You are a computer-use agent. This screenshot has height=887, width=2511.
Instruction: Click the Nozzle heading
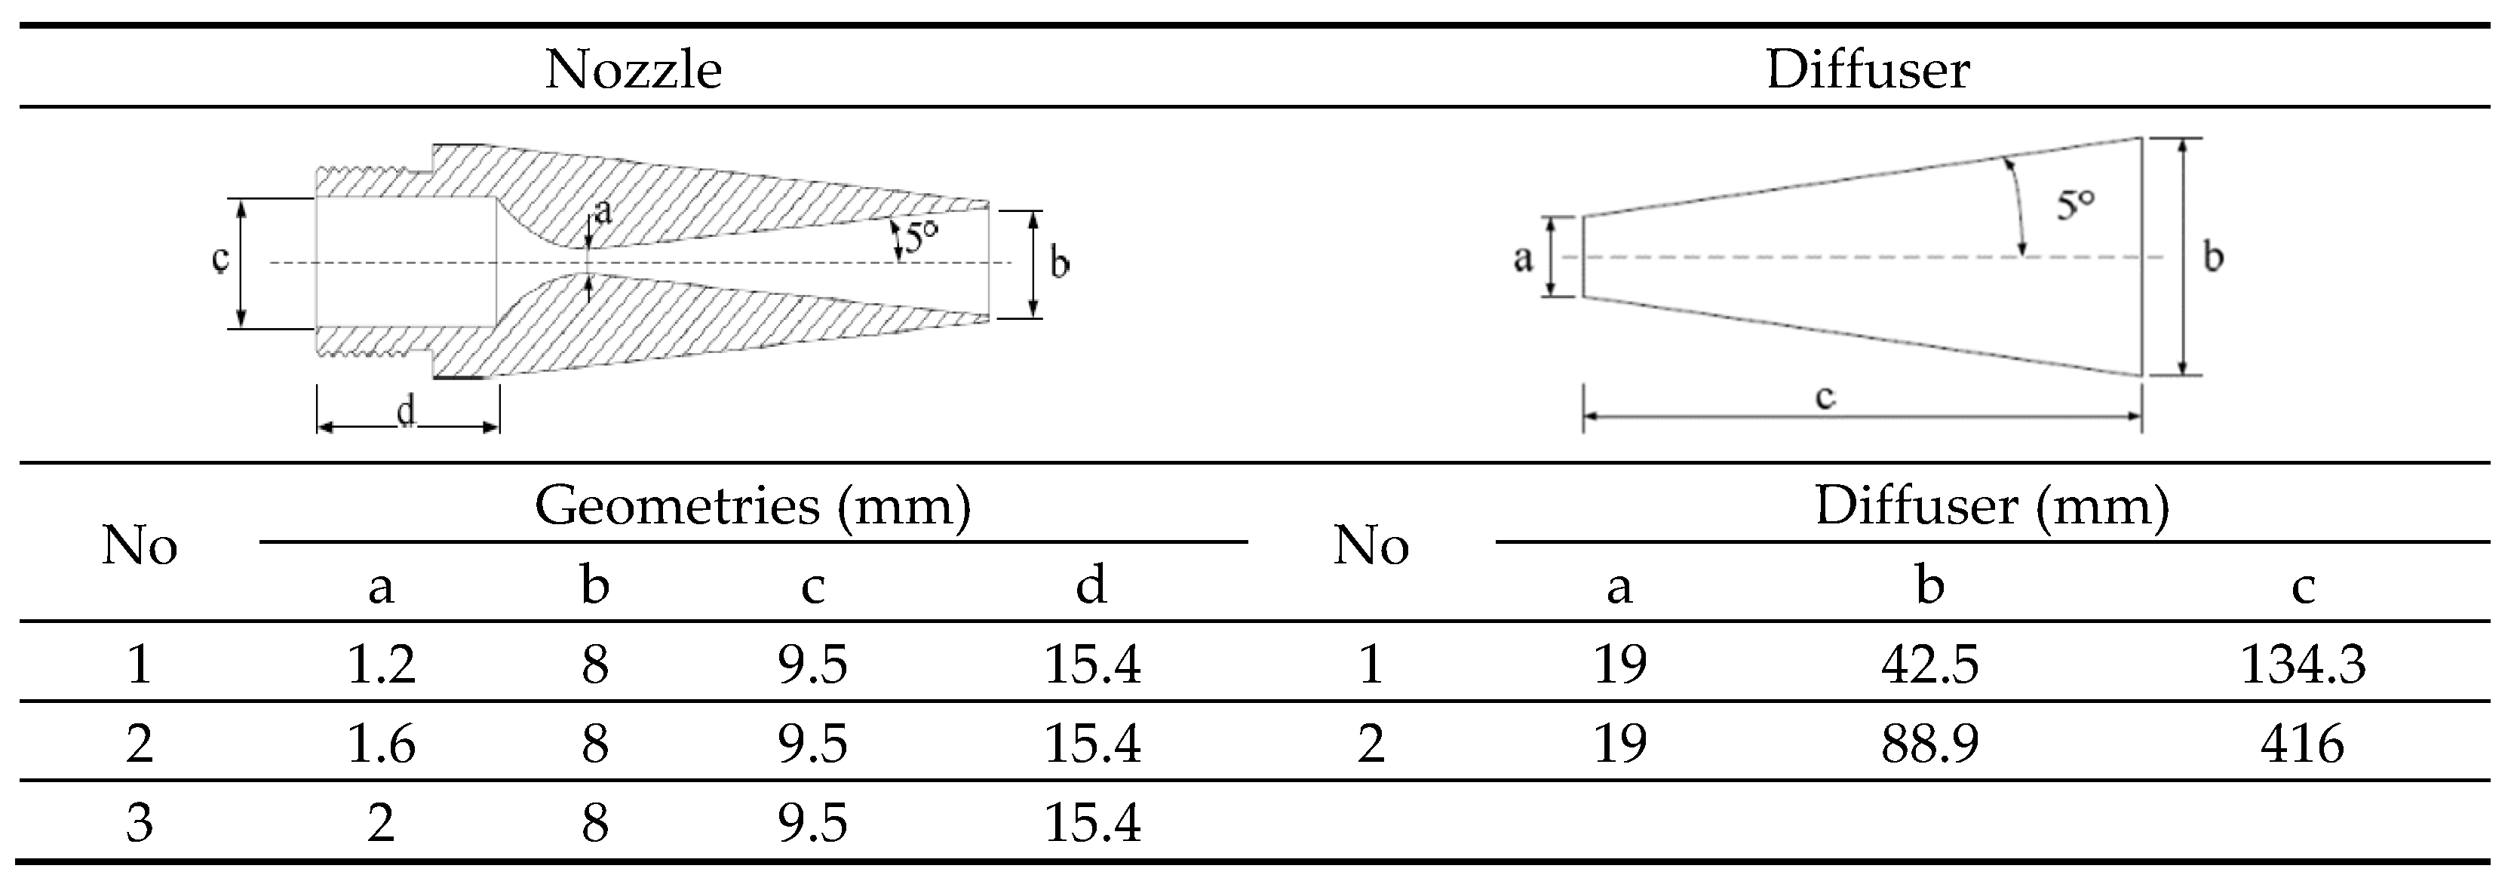tap(634, 70)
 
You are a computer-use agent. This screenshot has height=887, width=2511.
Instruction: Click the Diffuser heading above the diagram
tap(1868, 70)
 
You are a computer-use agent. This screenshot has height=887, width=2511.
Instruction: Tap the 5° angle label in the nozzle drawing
tap(921, 237)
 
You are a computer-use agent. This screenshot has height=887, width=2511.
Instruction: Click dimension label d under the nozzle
tap(407, 413)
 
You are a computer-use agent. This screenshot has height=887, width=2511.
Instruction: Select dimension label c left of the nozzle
tap(221, 259)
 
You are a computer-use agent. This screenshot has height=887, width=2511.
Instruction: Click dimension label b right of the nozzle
tap(1061, 263)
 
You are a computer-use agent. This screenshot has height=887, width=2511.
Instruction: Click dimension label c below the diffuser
tap(1826, 396)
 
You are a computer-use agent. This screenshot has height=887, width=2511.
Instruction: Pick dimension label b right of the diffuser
tap(2214, 257)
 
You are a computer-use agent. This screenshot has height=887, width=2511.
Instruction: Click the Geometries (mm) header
tap(753, 506)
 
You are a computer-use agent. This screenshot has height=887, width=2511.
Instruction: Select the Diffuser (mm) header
tap(1992, 506)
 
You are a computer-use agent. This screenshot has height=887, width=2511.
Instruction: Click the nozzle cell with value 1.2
tap(381, 664)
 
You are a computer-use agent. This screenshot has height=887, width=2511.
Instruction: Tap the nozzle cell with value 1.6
tap(381, 744)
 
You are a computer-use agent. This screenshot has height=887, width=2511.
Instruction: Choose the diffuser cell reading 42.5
tap(1930, 664)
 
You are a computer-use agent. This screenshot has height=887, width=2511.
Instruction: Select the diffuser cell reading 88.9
tap(1930, 744)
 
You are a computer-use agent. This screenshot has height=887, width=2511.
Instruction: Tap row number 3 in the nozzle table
tap(140, 824)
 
